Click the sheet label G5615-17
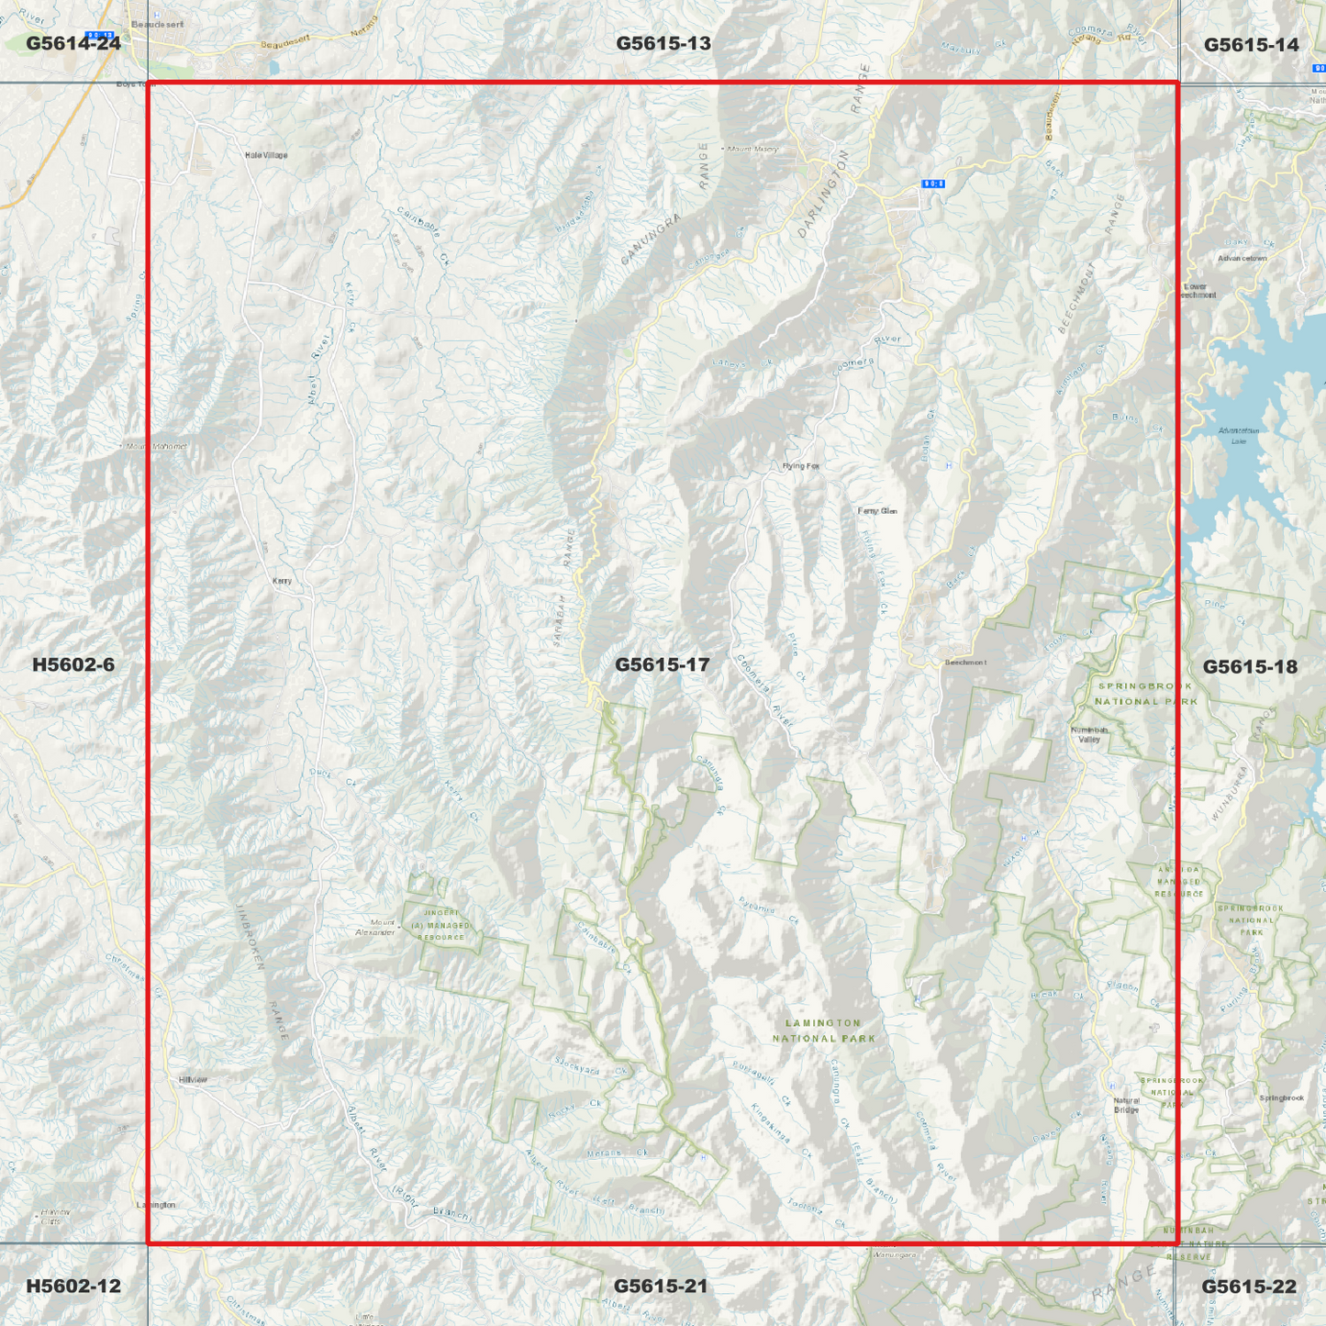pos(662,664)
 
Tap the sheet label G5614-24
pos(73,43)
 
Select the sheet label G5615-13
pos(663,43)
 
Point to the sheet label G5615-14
pos(1251,44)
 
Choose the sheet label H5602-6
pos(73,664)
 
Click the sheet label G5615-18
pos(1250,666)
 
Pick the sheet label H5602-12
pos(73,1286)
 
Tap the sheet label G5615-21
pos(661,1286)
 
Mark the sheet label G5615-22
pos(1249,1287)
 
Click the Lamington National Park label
pos(823,1031)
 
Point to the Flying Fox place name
pos(800,466)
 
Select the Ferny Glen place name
pos(877,511)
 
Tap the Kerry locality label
pos(282,581)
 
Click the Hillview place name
pos(193,1080)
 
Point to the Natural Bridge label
pos(1126,1105)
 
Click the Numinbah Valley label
pos(1089,735)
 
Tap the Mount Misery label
pos(752,149)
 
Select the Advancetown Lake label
pos(1239,435)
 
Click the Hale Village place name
pos(266,155)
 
